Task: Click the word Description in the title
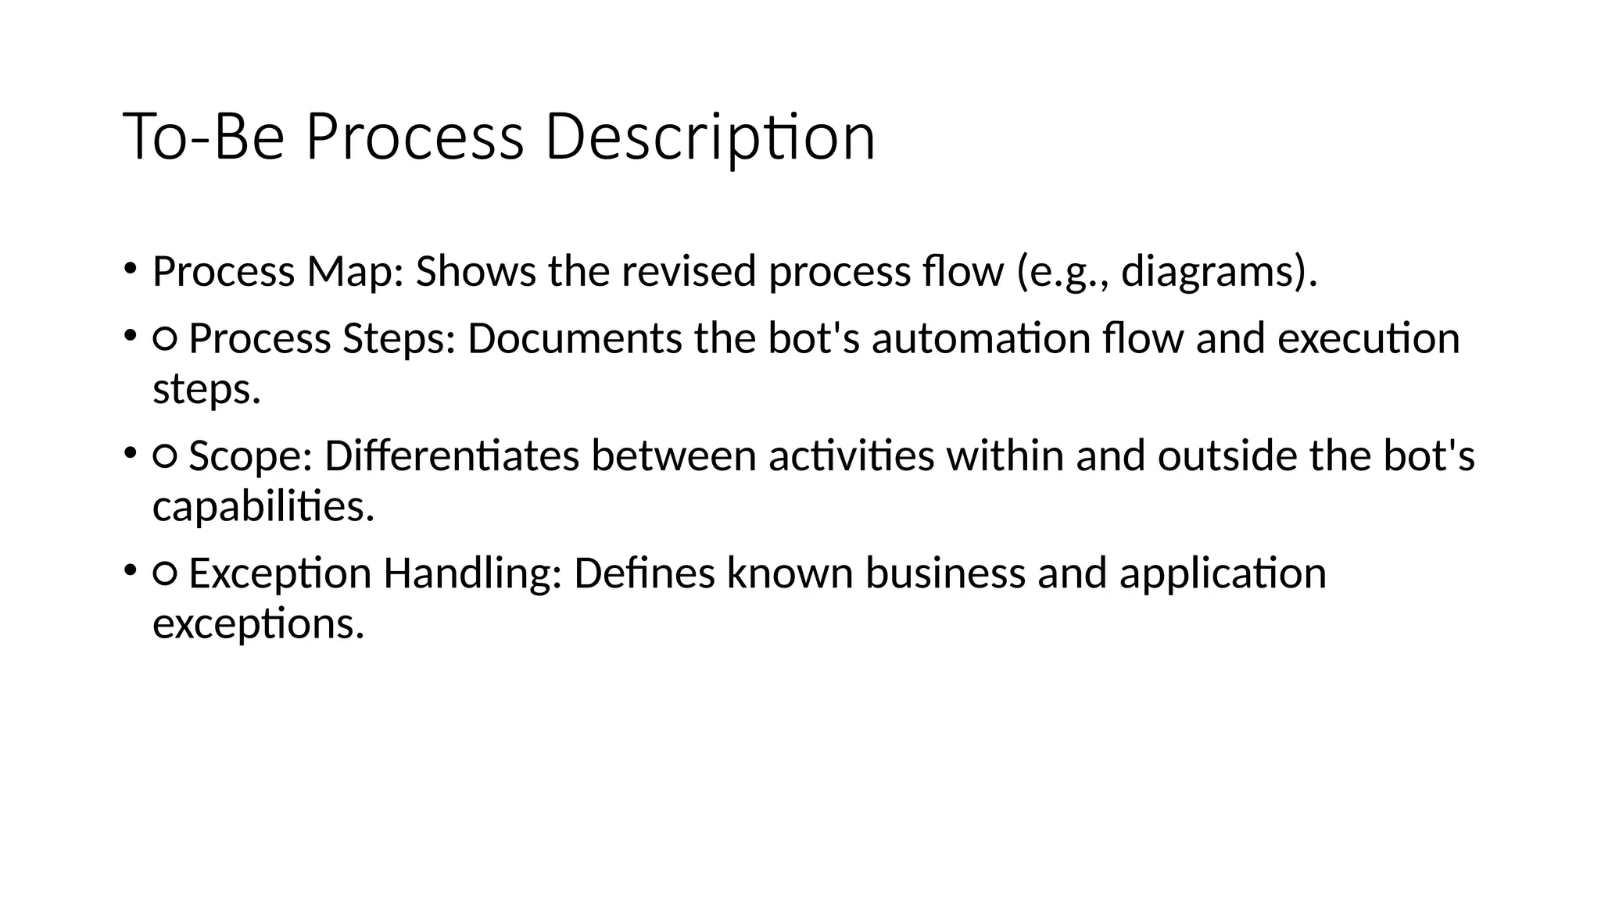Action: pos(709,137)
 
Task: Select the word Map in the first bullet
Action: pos(354,272)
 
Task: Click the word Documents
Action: pos(575,339)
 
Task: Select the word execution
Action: pos(1368,339)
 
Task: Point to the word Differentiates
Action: pos(452,456)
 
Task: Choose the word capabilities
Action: pos(263,507)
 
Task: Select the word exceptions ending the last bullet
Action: pos(258,624)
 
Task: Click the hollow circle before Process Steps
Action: pos(165,339)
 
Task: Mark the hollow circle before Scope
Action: pos(165,456)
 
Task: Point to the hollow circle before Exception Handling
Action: pos(165,574)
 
